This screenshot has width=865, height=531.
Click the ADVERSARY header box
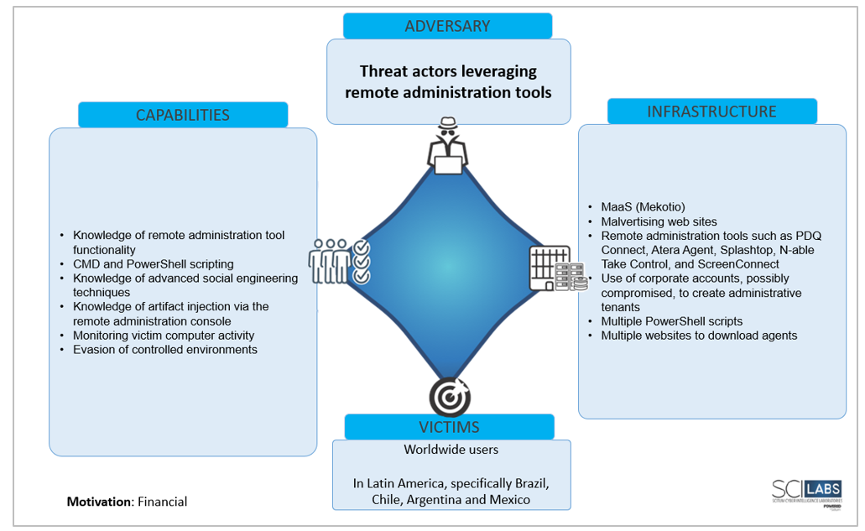[x=447, y=26]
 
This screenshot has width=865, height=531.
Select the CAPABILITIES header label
[x=183, y=115]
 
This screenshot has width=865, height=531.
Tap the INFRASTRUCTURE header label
[x=711, y=112]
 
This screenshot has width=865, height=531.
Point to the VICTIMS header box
[x=449, y=426]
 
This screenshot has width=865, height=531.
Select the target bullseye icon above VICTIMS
[x=449, y=396]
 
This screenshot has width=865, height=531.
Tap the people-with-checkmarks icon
[x=339, y=262]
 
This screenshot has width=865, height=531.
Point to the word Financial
[x=163, y=502]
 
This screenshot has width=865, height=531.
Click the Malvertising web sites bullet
[x=659, y=221]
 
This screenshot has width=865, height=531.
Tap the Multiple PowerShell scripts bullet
[x=671, y=321]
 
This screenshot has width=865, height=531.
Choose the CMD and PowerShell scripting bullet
[x=153, y=264]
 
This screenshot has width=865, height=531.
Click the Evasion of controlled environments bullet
[x=164, y=349]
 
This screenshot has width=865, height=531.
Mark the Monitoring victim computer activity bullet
[x=164, y=335]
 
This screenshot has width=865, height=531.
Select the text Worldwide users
[x=451, y=450]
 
